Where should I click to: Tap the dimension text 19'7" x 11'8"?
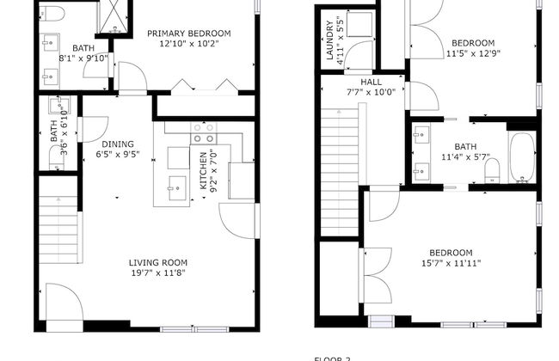click(x=157, y=273)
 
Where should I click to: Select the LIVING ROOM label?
click(x=158, y=262)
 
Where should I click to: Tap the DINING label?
click(x=117, y=144)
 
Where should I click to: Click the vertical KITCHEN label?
click(x=204, y=172)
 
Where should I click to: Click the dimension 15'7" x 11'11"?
click(x=451, y=263)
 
